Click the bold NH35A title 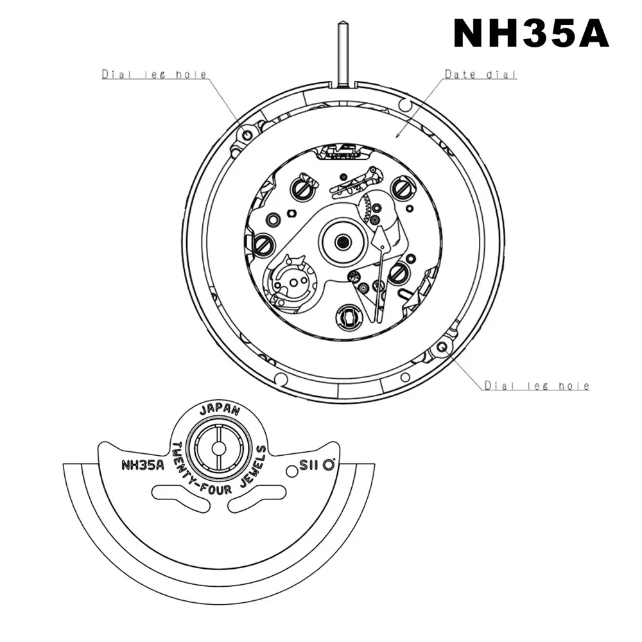click(x=531, y=33)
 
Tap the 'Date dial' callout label click(x=481, y=75)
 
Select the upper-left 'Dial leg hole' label click(x=154, y=75)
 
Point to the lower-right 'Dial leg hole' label click(x=537, y=386)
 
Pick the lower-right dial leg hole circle click(x=442, y=347)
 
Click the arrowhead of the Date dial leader click(x=397, y=136)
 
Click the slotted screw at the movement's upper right click(x=403, y=188)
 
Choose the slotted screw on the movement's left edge click(x=263, y=243)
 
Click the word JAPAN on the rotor click(x=220, y=410)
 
